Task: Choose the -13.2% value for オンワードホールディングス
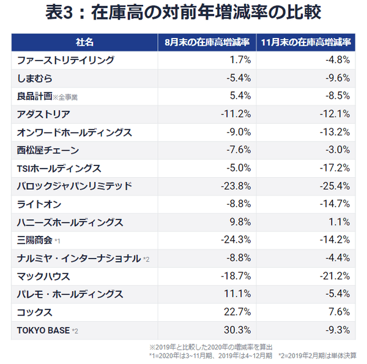pyautogui.click(x=335, y=132)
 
